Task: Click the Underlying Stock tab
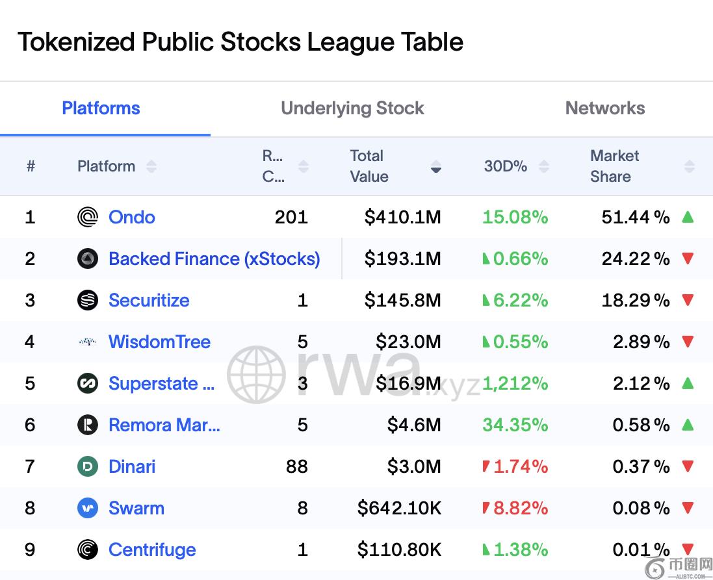(x=352, y=108)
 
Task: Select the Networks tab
(x=604, y=108)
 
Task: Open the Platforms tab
(x=101, y=108)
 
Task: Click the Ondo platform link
(x=131, y=217)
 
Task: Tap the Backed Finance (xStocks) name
(x=214, y=258)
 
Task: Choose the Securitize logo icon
(x=88, y=300)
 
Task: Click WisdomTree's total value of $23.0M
(x=408, y=342)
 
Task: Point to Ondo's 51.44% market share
(x=635, y=217)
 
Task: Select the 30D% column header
(x=506, y=166)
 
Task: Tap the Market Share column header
(x=614, y=166)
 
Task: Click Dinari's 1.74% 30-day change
(x=520, y=466)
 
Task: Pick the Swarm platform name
(x=136, y=508)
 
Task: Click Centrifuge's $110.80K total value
(x=399, y=549)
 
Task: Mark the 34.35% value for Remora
(x=515, y=425)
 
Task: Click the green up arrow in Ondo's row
(x=688, y=217)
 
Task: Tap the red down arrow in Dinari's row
(x=688, y=466)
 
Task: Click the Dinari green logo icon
(x=88, y=466)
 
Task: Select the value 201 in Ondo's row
(x=291, y=217)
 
